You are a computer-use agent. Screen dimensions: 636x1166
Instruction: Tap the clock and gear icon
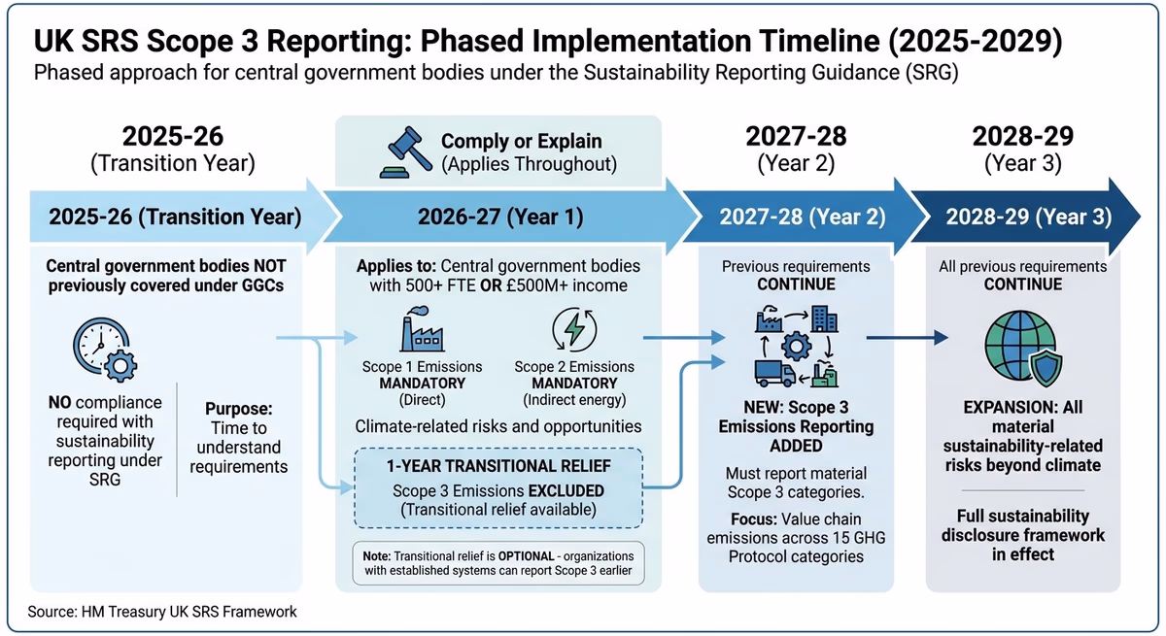103,353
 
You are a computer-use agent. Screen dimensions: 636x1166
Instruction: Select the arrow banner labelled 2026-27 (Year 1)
500,217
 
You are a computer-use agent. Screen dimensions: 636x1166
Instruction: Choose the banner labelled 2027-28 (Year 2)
802,217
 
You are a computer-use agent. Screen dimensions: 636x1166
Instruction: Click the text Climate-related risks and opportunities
497,425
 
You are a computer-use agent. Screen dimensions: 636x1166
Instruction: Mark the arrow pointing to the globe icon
907,338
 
